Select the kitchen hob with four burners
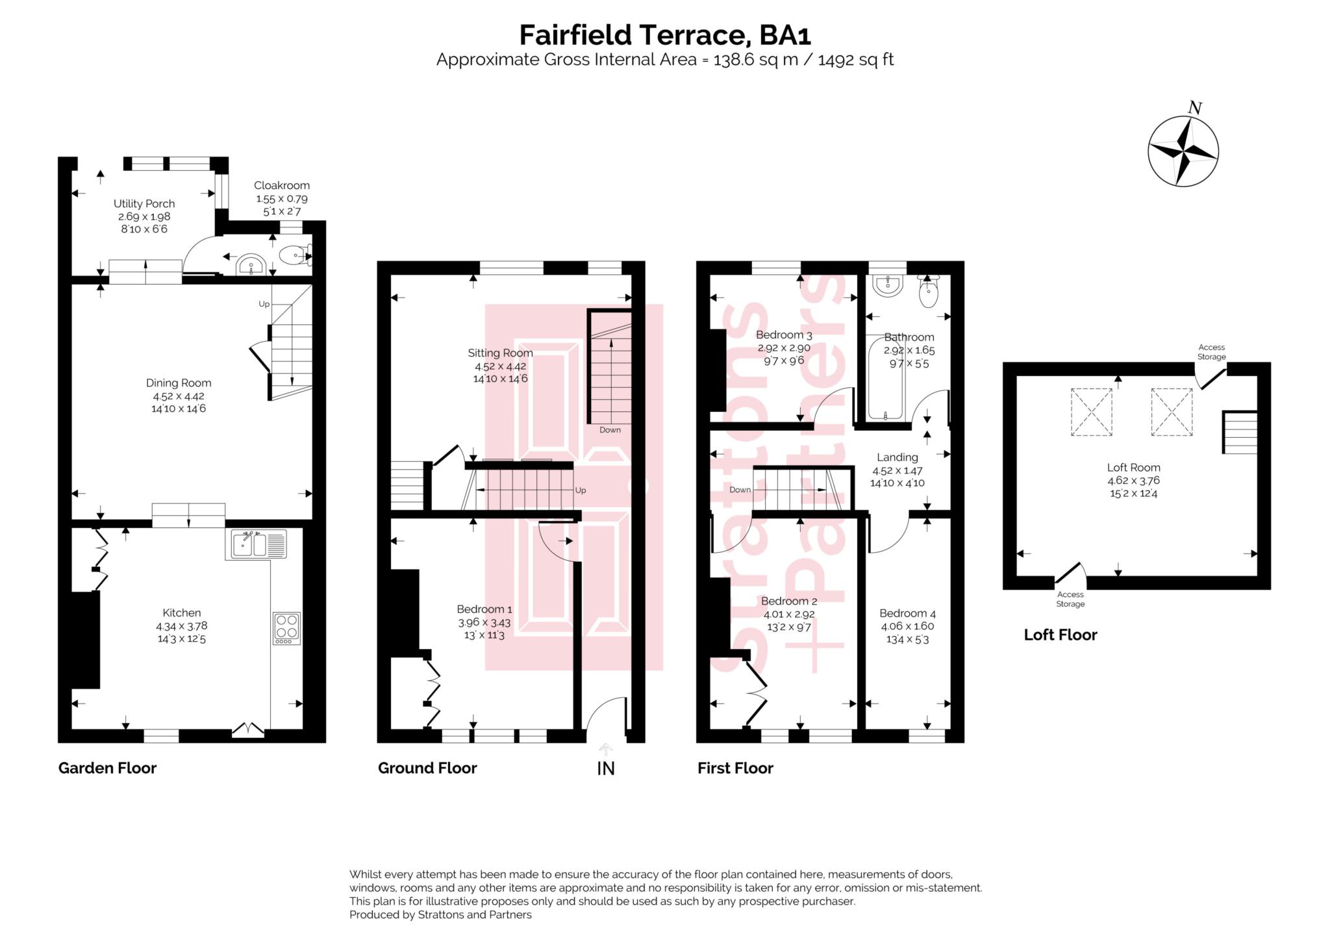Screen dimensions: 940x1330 (x=287, y=628)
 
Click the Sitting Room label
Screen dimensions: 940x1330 (x=500, y=353)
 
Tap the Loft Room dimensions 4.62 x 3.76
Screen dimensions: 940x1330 (x=1133, y=481)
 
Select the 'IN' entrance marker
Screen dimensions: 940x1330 (x=605, y=769)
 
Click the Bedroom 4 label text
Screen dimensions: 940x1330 (x=907, y=613)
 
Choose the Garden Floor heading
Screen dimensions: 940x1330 (x=107, y=768)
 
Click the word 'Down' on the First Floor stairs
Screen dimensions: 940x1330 (x=740, y=490)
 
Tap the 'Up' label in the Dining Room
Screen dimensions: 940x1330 (x=264, y=304)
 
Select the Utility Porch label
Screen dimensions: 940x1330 (x=144, y=203)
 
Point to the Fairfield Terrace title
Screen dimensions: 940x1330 (x=665, y=34)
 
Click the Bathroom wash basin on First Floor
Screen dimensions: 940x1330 (x=887, y=285)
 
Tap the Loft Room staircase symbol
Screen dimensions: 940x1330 (x=1240, y=432)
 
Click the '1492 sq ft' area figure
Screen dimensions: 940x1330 (x=855, y=60)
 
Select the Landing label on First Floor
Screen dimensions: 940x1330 (x=897, y=457)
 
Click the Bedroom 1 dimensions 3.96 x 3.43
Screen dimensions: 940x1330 (x=484, y=622)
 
